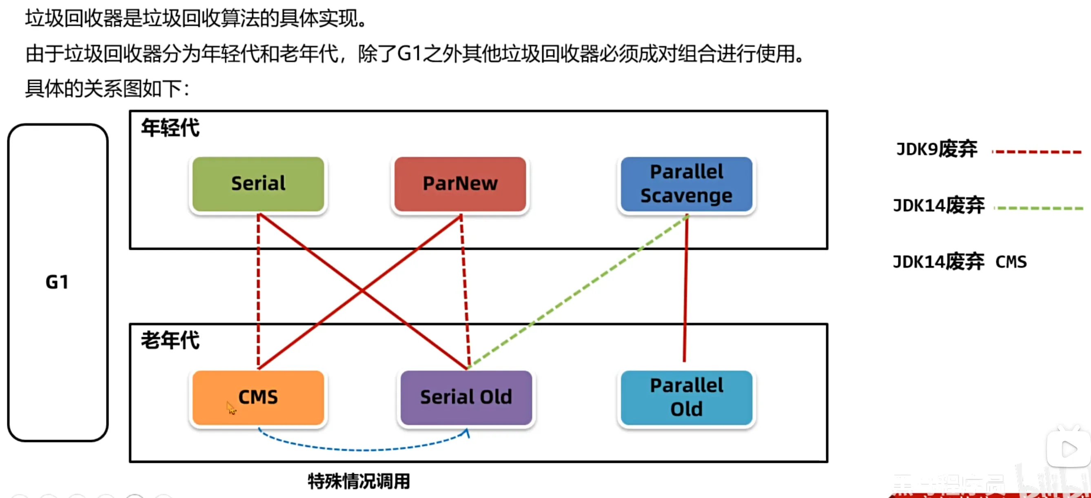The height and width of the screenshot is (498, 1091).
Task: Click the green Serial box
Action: coord(258,184)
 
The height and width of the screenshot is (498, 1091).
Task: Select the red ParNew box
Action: coord(460,184)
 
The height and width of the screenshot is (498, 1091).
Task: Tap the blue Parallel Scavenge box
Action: coord(686,184)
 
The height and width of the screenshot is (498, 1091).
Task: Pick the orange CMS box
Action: coord(258,398)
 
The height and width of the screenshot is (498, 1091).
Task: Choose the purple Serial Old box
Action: coord(466,398)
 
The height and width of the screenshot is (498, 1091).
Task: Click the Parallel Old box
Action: coord(686,398)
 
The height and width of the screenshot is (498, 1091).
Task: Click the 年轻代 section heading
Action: coord(170,128)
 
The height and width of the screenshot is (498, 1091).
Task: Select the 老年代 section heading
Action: coord(170,341)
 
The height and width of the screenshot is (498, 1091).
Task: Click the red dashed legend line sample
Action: coord(1037,152)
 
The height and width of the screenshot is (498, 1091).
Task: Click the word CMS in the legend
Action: coord(1011,262)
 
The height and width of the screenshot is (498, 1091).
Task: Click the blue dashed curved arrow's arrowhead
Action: coord(467,433)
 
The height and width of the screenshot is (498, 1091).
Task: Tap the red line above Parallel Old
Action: coord(685,288)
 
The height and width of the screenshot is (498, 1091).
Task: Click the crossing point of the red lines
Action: coord(362,291)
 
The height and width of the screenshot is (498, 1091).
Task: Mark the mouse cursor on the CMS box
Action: coord(231,408)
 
